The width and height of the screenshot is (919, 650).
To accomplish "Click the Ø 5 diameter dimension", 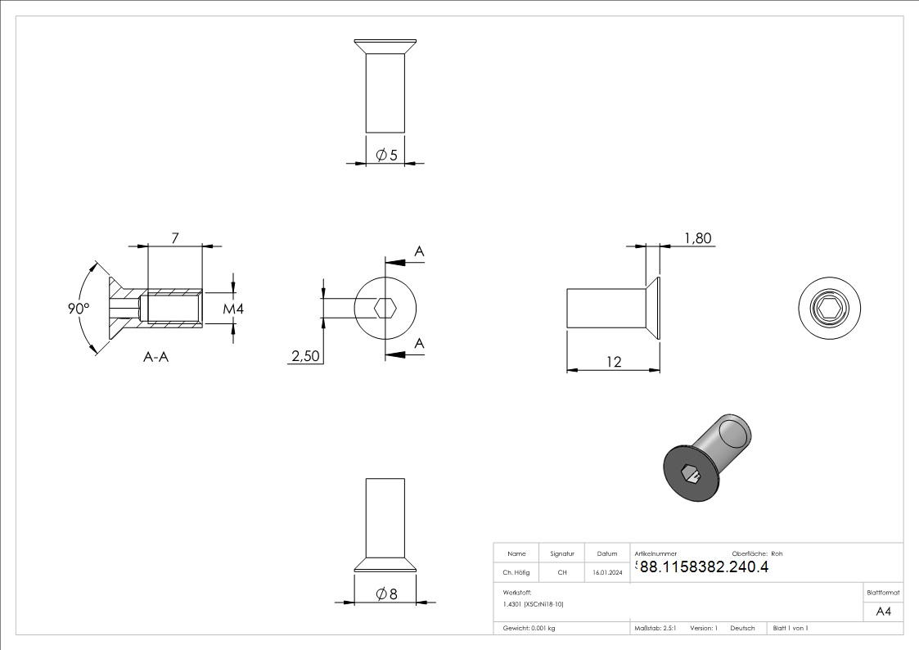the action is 386,155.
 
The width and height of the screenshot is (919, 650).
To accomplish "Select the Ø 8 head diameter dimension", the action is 386,594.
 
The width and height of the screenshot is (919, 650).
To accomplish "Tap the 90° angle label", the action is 79,309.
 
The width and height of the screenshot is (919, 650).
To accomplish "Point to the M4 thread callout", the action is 232,309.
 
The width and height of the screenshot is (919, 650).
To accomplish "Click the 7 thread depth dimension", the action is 174,238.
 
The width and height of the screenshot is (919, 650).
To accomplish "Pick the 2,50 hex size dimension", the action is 305,356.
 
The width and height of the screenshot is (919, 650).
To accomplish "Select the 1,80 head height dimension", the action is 697,238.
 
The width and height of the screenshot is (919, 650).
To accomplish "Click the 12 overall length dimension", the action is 614,362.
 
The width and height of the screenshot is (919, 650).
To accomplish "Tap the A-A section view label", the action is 156,356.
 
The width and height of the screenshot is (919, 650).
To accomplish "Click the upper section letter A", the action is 419,251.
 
